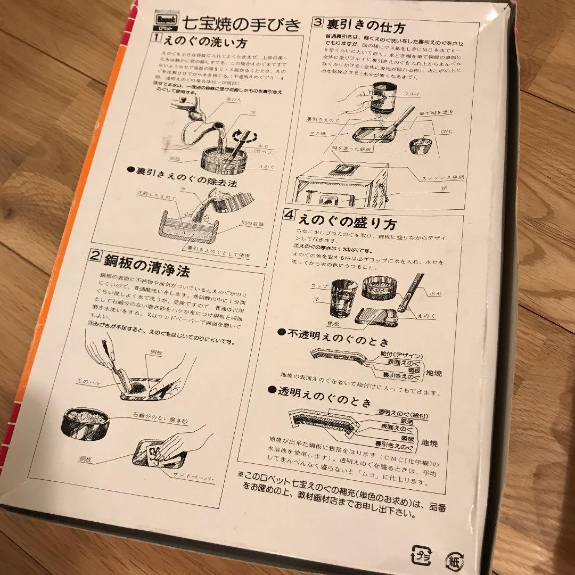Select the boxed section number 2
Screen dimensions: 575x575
pyautogui.click(x=94, y=255)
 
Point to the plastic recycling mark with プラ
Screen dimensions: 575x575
pyautogui.click(x=421, y=555)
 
